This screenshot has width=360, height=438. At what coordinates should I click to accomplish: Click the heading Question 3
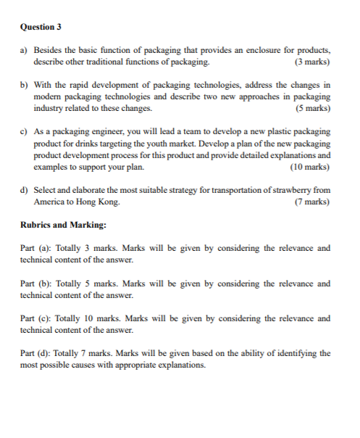[41, 27]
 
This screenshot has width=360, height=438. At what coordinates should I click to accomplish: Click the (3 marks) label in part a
[313, 63]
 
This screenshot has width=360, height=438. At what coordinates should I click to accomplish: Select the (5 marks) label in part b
[313, 108]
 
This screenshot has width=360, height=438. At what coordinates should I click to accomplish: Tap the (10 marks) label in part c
[310, 167]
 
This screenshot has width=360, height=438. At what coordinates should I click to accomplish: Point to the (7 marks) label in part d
[313, 202]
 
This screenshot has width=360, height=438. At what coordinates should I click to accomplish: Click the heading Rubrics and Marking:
[64, 225]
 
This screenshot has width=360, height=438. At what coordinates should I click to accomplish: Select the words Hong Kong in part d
[100, 202]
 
